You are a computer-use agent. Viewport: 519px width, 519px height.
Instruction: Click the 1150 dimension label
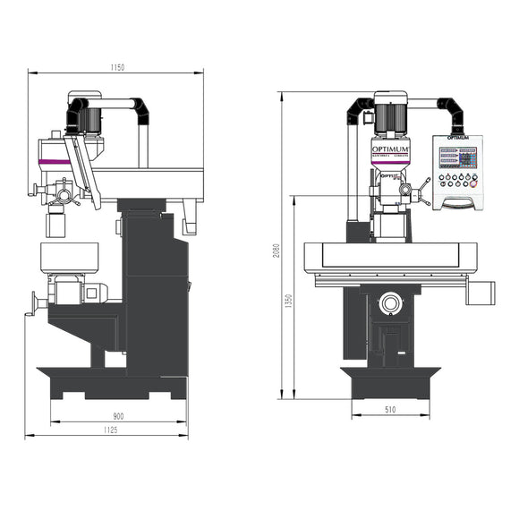click(x=115, y=67)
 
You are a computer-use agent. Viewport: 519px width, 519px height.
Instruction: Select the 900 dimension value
click(x=118, y=415)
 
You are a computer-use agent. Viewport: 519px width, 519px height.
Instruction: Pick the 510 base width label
click(x=390, y=410)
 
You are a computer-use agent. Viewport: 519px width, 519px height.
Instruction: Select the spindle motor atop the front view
click(x=391, y=115)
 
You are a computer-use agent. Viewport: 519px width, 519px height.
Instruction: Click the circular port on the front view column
click(x=390, y=303)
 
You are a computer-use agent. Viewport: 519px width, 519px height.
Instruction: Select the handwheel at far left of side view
click(x=36, y=303)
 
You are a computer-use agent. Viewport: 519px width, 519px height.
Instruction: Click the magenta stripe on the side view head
click(x=55, y=160)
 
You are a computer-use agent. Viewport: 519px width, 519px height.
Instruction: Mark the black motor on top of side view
click(x=79, y=115)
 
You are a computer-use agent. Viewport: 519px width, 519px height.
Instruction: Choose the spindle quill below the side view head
click(x=57, y=218)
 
